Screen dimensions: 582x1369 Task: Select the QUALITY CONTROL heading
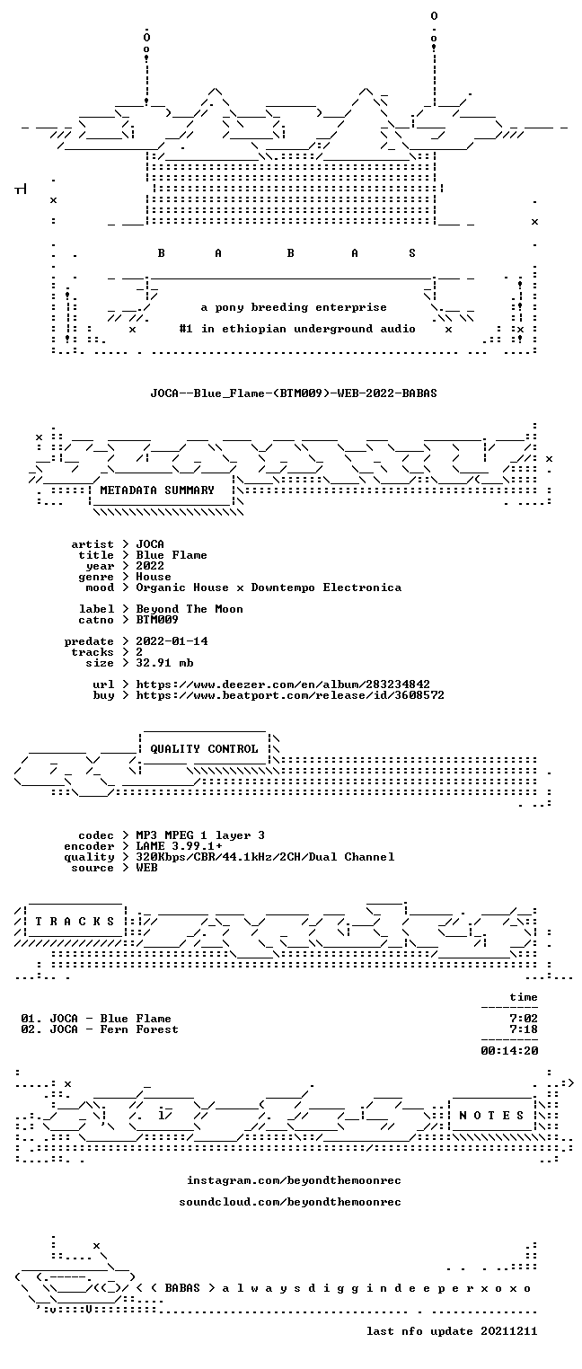click(204, 749)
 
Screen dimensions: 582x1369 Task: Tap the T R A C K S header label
click(75, 922)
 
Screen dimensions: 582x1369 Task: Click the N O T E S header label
click(491, 1116)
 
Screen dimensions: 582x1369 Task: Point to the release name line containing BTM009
click(294, 393)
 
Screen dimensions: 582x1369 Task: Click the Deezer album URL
click(283, 684)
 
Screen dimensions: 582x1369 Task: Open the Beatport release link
click(290, 695)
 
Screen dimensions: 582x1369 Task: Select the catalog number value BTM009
click(157, 620)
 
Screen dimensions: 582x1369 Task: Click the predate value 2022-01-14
click(172, 641)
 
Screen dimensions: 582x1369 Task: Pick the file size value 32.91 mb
click(164, 663)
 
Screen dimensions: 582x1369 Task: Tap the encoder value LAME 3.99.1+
click(179, 846)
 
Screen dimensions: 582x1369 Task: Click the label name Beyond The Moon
click(190, 609)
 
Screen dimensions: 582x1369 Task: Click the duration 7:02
click(524, 1019)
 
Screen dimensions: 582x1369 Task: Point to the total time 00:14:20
click(509, 1051)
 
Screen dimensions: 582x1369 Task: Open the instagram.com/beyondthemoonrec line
click(294, 1180)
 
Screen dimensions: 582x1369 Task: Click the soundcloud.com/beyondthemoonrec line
click(290, 1202)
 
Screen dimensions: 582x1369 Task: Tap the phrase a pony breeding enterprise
click(294, 307)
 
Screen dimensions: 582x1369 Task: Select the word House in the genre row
click(154, 577)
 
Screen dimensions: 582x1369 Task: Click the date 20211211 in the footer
click(509, 1331)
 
